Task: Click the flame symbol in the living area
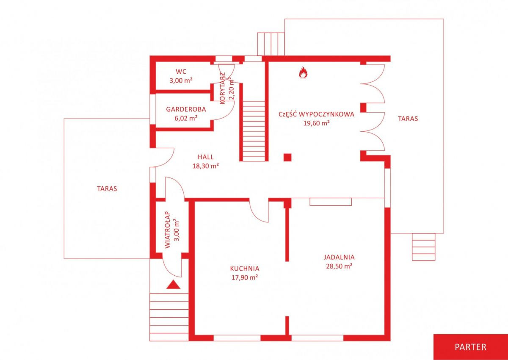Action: point(303,72)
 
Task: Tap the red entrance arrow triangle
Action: point(173,285)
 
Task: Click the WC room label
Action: point(181,72)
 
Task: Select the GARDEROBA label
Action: point(186,109)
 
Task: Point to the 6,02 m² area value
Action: point(186,118)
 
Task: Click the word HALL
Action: point(205,157)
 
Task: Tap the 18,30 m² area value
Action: point(206,166)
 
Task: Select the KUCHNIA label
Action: point(245,269)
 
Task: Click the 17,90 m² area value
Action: point(245,277)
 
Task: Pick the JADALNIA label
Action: point(339,257)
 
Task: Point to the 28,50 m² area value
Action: point(339,266)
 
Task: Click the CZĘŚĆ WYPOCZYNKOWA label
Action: point(316,114)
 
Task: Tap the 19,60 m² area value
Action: point(316,123)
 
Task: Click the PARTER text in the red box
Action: point(471,347)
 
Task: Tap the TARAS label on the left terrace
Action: point(107,189)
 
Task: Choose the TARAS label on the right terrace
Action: point(408,119)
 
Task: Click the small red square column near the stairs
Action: point(287,157)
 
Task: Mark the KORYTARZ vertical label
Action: point(223,89)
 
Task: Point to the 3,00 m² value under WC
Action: point(181,80)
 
